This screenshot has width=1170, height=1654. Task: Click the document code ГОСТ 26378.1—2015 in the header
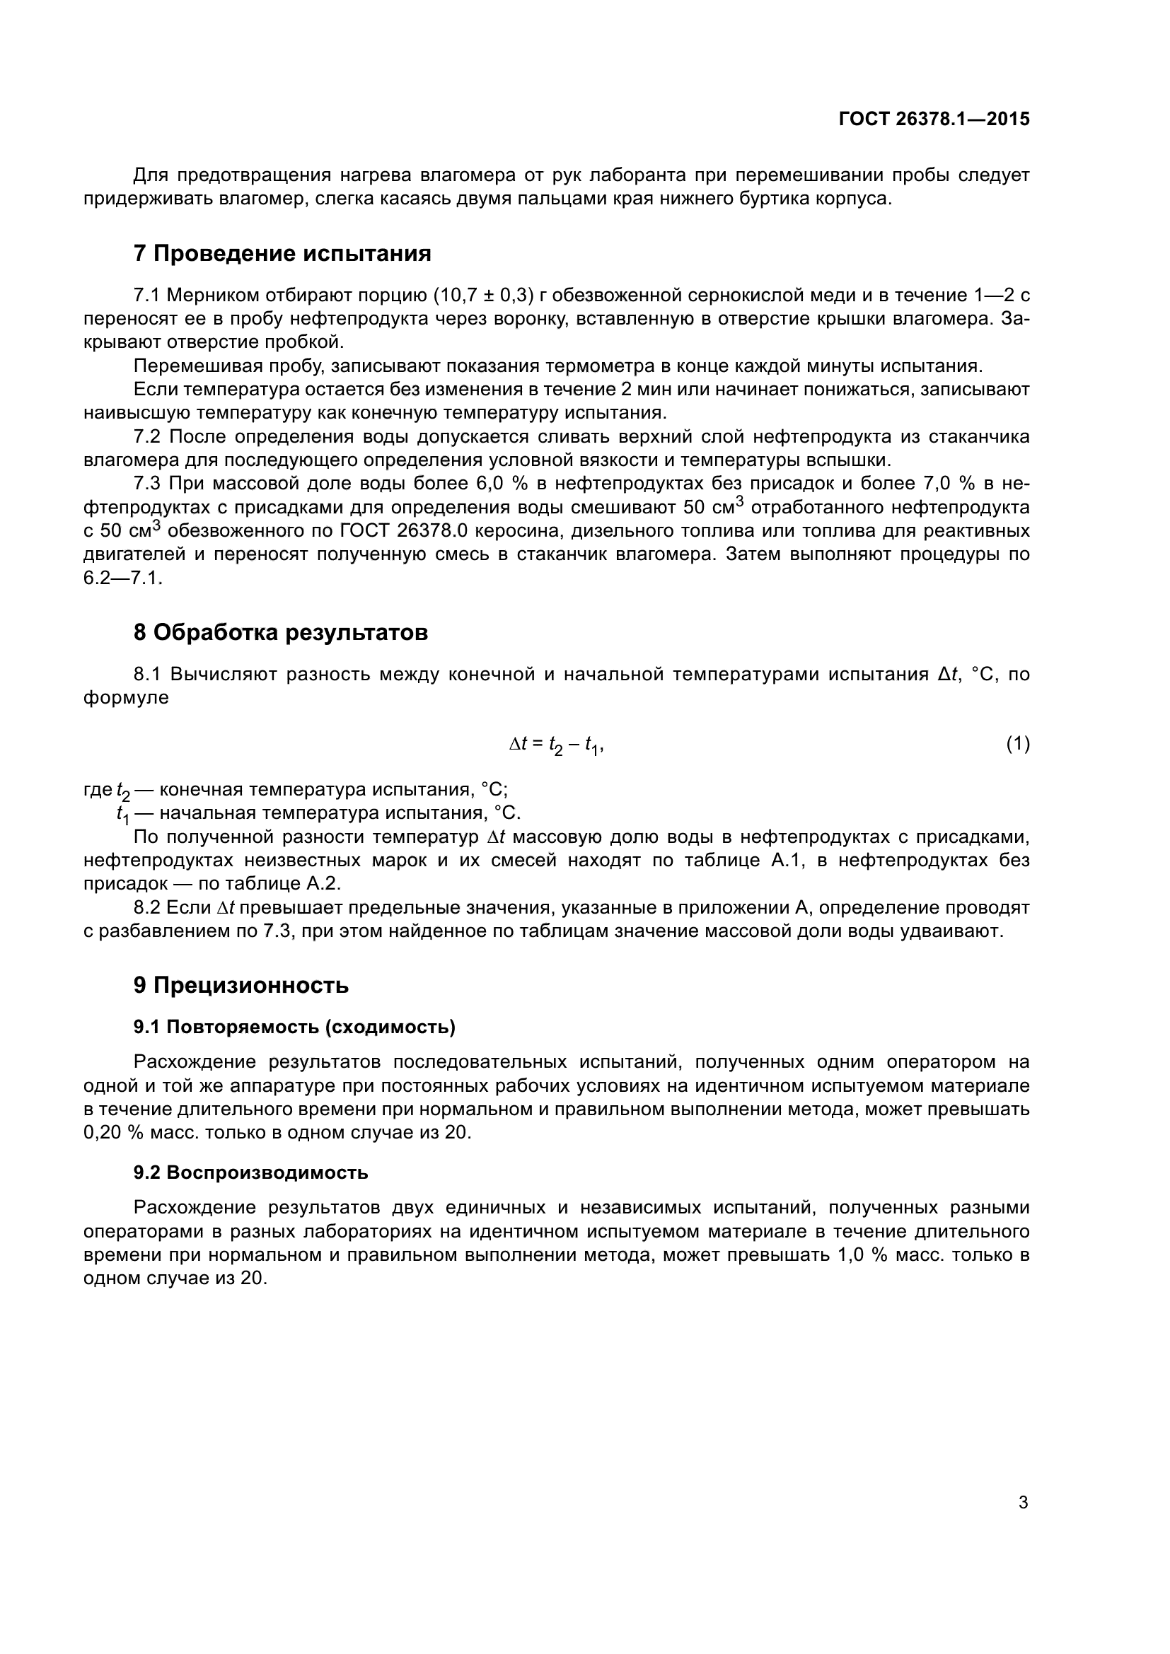click(x=934, y=120)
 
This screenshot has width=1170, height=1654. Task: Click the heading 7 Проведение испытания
click(x=282, y=254)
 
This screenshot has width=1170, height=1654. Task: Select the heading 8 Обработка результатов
click(x=280, y=632)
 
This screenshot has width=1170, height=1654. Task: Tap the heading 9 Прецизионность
click(x=241, y=985)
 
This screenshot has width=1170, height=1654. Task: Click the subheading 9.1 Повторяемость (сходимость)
click(x=294, y=1027)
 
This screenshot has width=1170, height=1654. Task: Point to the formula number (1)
click(x=1017, y=744)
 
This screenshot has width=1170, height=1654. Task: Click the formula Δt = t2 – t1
click(x=555, y=745)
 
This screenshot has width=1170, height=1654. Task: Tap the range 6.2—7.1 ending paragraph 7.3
click(x=122, y=578)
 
